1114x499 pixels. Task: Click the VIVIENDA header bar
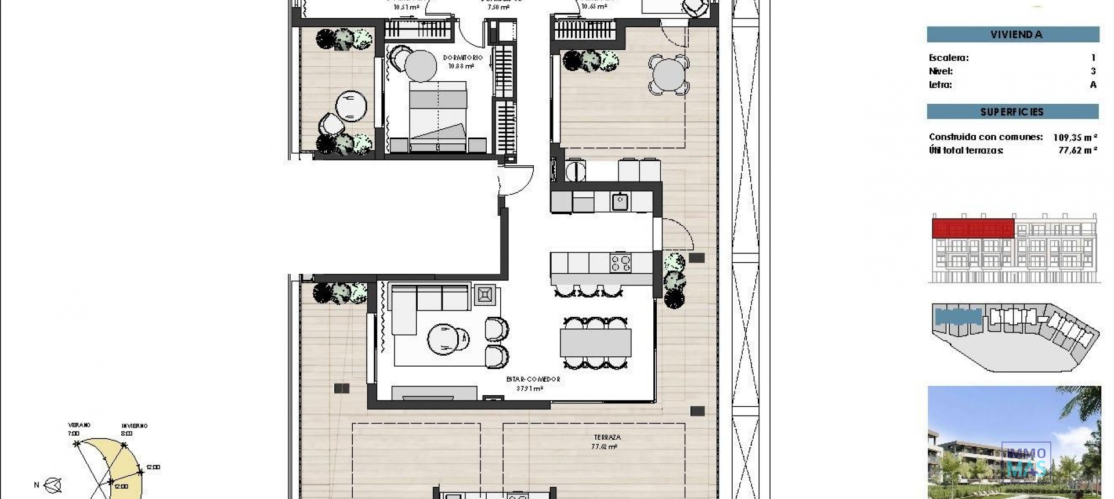[x=1012, y=34]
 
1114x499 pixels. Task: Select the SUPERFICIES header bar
[x=1012, y=111]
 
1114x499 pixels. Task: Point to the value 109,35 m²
[x=1075, y=138]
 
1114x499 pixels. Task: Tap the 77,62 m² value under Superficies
[x=1077, y=150]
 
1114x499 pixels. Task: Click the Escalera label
[x=949, y=57]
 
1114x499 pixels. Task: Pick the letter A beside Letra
[x=1093, y=85]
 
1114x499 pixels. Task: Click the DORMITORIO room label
[x=462, y=58]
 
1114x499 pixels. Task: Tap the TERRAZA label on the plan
[x=607, y=437]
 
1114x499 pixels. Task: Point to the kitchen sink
[x=620, y=202]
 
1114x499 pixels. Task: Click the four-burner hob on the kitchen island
[x=620, y=263]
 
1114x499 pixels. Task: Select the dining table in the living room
[x=595, y=342]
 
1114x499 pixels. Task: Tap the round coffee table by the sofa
[x=448, y=339]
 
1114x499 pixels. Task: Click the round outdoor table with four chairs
[x=669, y=74]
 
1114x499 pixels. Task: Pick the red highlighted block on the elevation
[x=973, y=228]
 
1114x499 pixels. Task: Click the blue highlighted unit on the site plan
[x=958, y=317]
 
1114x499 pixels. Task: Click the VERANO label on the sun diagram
[x=79, y=425]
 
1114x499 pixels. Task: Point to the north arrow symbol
[x=53, y=484]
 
